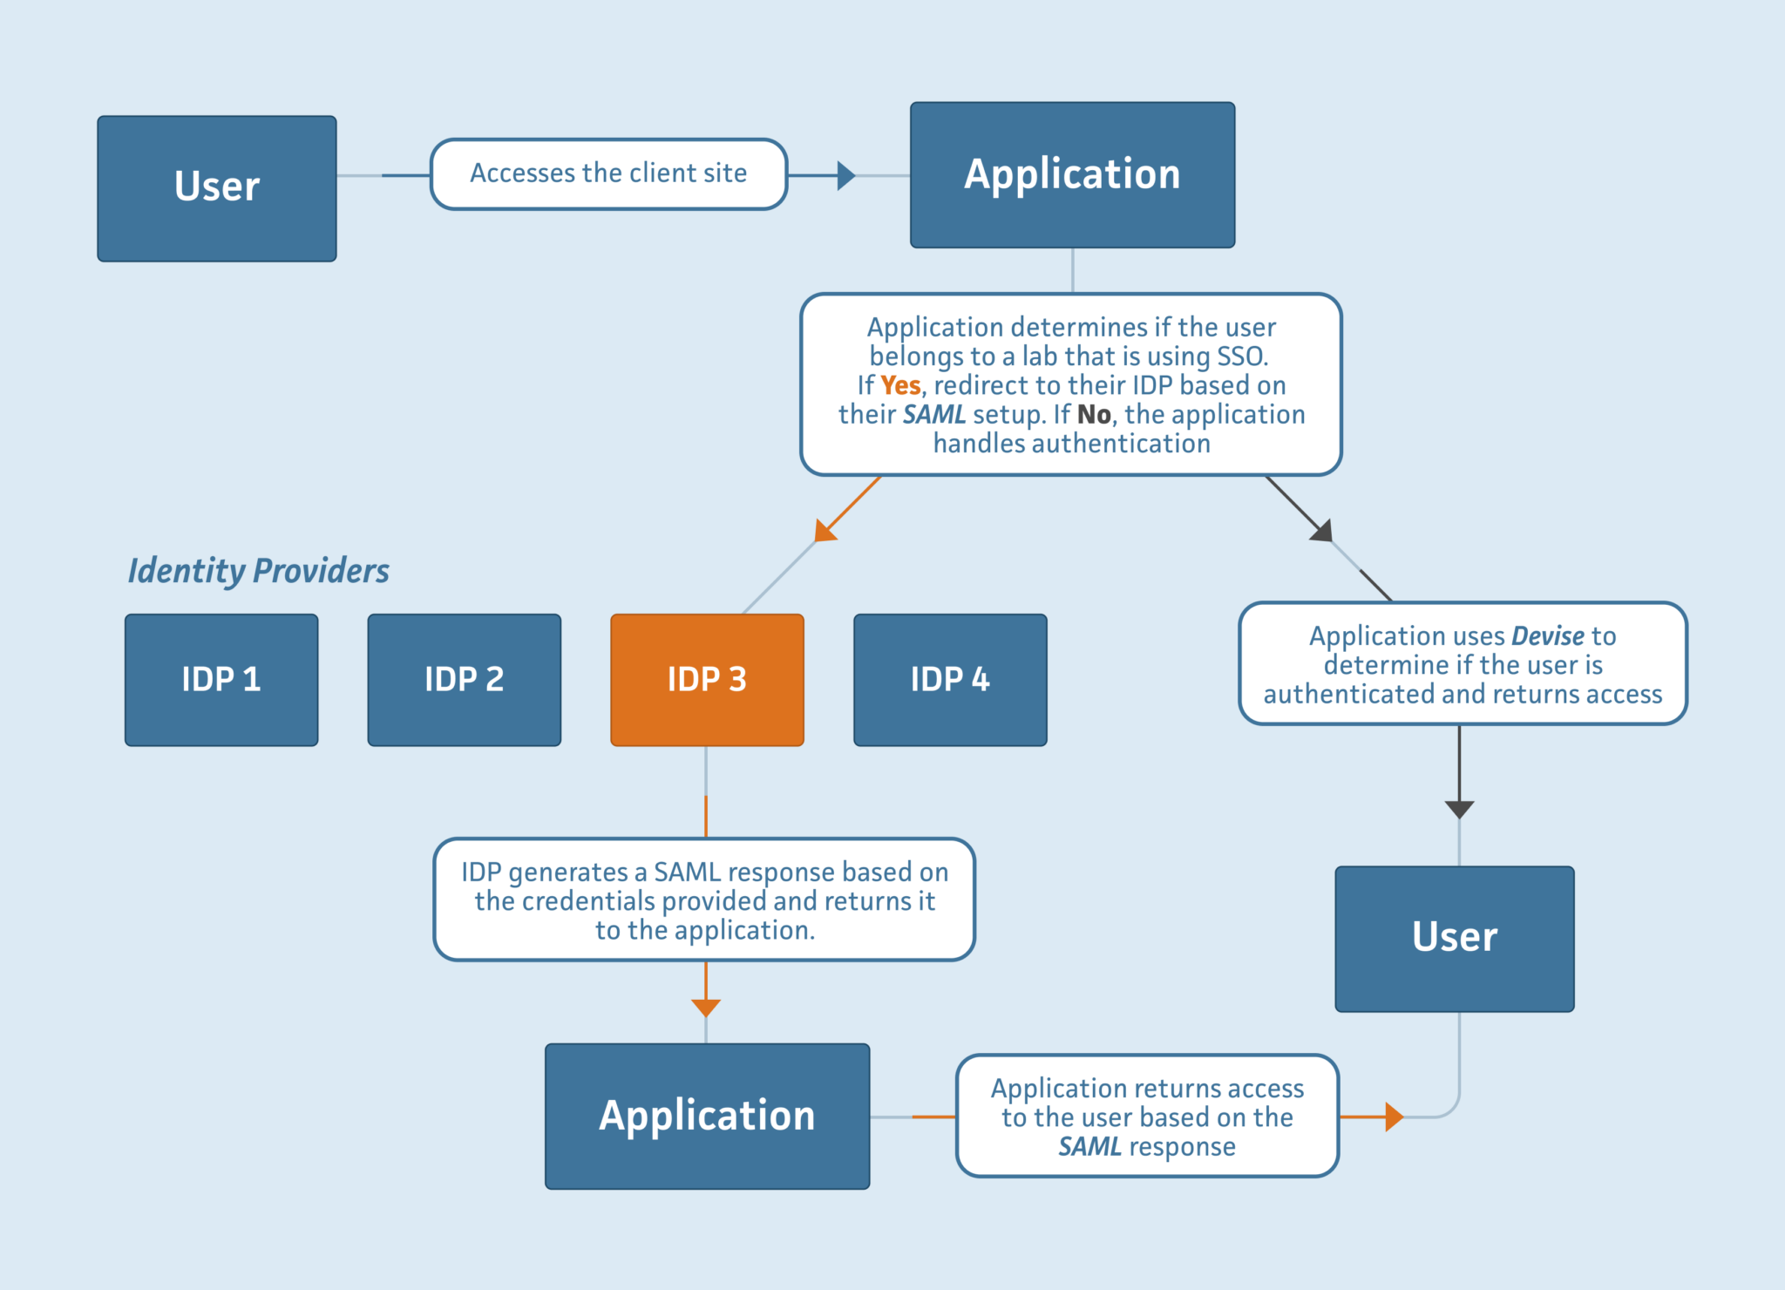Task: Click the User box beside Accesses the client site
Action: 216,188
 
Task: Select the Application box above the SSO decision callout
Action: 1072,174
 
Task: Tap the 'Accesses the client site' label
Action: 608,173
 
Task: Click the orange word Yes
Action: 900,385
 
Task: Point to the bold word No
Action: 1094,414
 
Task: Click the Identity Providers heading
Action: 258,571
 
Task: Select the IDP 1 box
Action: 221,680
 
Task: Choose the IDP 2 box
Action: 464,680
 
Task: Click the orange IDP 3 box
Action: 707,680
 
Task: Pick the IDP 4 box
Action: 950,680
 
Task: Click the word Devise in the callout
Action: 1548,635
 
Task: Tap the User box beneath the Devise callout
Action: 1454,939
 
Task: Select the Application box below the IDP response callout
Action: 707,1116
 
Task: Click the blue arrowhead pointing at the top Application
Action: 845,175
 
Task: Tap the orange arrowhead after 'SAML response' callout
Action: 1394,1117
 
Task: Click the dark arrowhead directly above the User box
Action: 1459,809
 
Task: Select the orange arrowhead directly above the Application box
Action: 706,1008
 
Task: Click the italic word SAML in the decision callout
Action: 933,414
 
